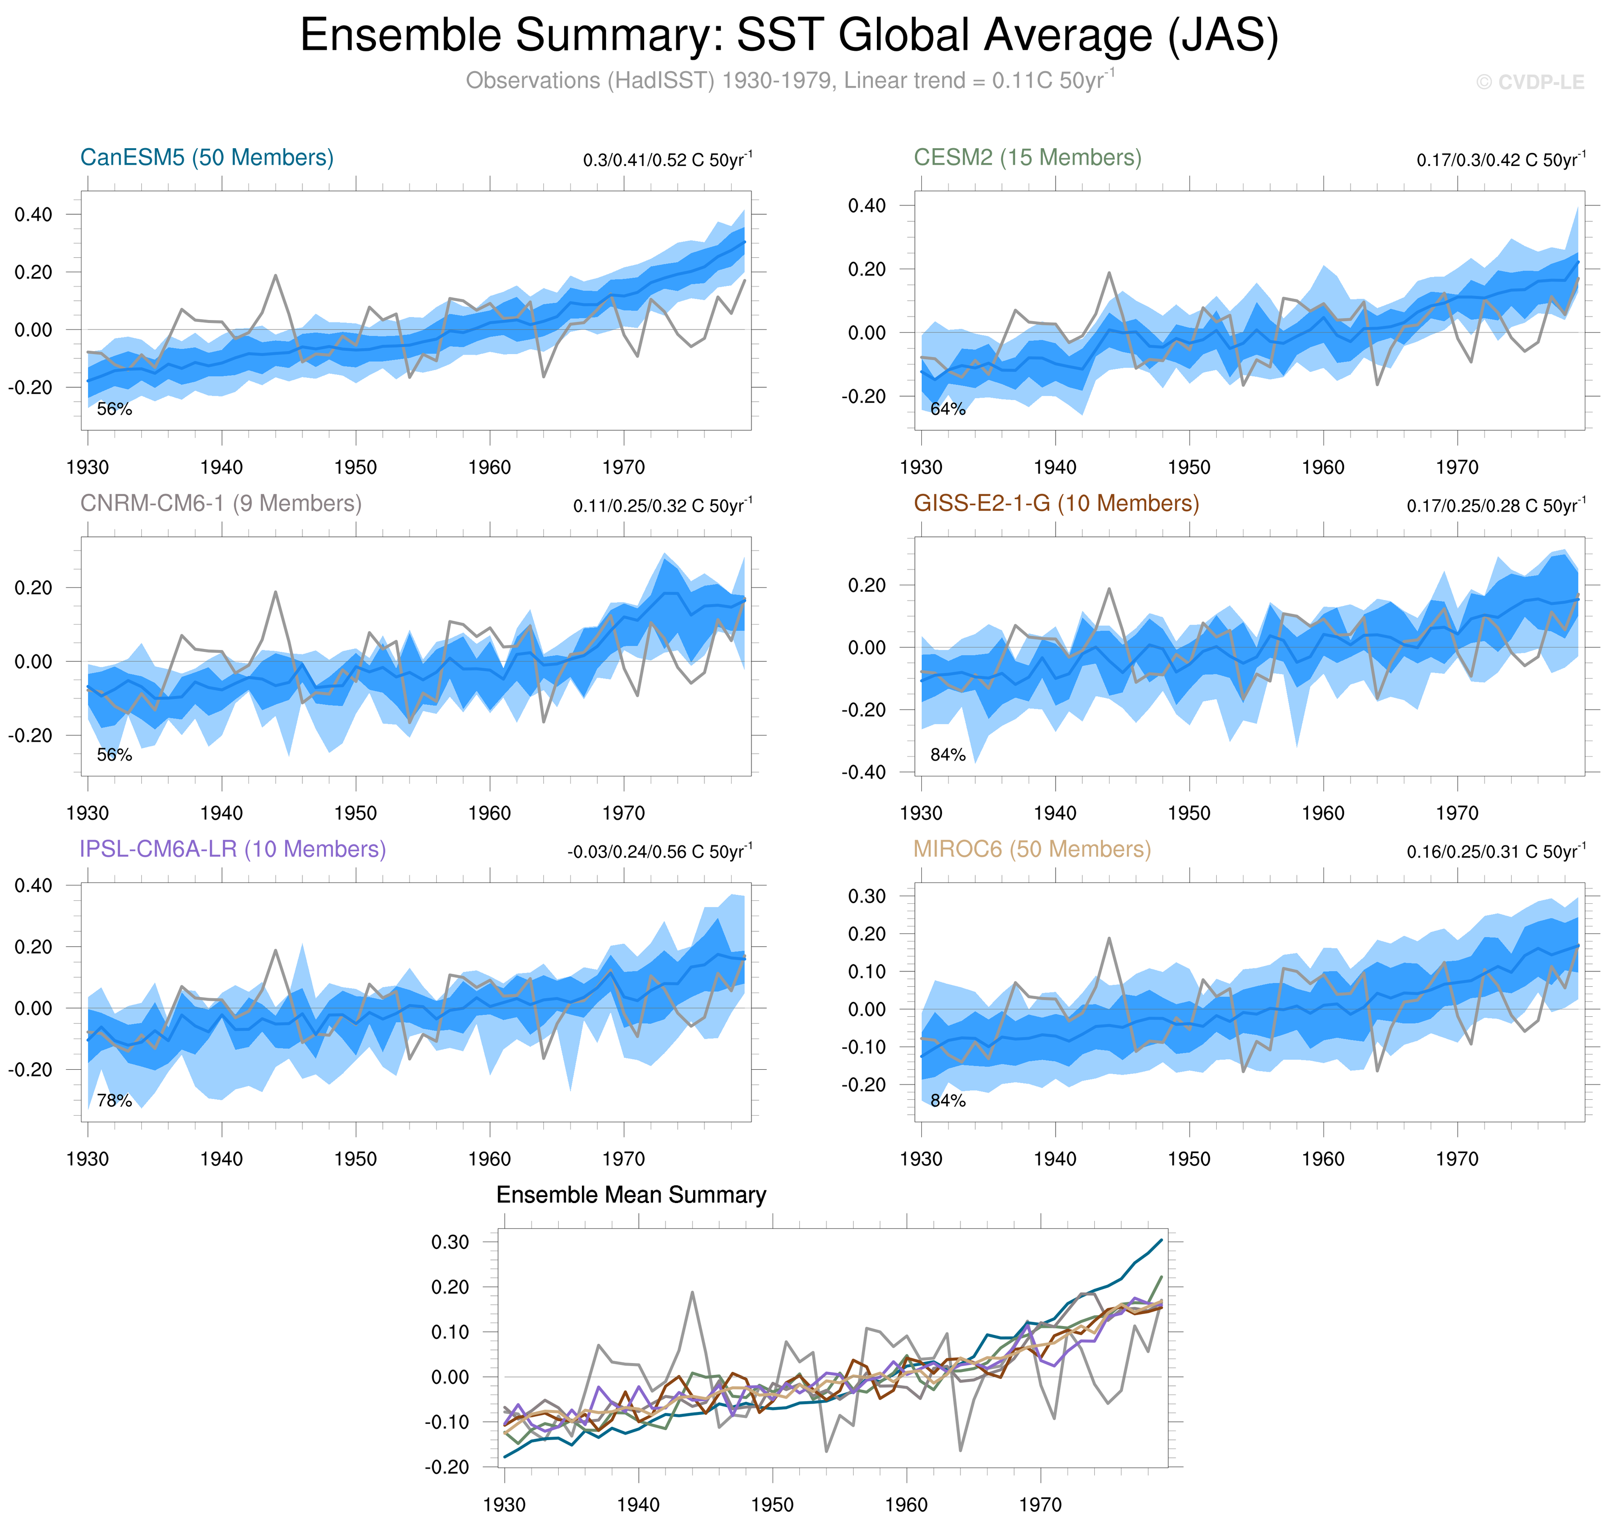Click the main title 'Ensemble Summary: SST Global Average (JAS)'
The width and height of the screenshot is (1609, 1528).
click(788, 36)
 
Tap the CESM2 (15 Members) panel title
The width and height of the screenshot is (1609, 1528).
click(1027, 157)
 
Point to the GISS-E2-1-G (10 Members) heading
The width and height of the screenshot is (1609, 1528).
click(1056, 503)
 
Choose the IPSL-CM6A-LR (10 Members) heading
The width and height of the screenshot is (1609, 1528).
click(232, 849)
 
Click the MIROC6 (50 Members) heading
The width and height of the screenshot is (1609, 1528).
click(1031, 849)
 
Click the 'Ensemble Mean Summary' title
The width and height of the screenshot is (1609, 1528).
click(630, 1195)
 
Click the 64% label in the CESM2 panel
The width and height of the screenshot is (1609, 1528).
click(948, 409)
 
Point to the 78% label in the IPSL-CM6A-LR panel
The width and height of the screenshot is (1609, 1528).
click(114, 1100)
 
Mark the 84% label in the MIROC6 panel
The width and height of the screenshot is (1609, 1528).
click(948, 1100)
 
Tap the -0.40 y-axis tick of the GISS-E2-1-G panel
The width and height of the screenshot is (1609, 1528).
click(864, 772)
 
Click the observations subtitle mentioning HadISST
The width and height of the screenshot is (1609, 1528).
click(788, 80)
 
